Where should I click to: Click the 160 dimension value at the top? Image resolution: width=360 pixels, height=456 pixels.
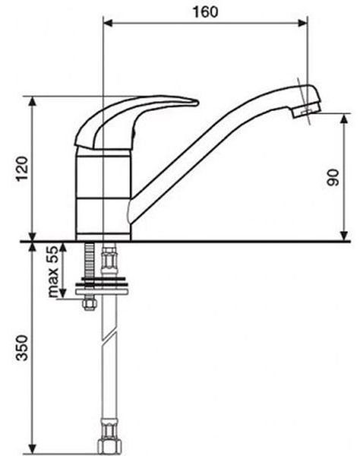[x=205, y=12]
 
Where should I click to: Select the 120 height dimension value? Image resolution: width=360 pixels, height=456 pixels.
[x=22, y=169]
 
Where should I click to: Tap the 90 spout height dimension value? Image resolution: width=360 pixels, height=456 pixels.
[x=333, y=178]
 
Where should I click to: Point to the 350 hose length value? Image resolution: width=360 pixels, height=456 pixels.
[x=22, y=348]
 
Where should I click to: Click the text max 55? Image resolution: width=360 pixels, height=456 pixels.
[x=53, y=271]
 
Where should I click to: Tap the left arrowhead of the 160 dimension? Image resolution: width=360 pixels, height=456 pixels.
[x=108, y=23]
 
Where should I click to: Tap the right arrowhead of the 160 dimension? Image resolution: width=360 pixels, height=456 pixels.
[x=303, y=23]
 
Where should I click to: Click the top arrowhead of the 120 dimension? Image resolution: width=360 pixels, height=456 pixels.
[x=33, y=101]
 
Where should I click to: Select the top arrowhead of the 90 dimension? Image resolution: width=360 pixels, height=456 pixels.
[x=344, y=119]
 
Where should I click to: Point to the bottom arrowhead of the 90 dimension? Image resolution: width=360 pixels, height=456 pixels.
[x=344, y=236]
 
